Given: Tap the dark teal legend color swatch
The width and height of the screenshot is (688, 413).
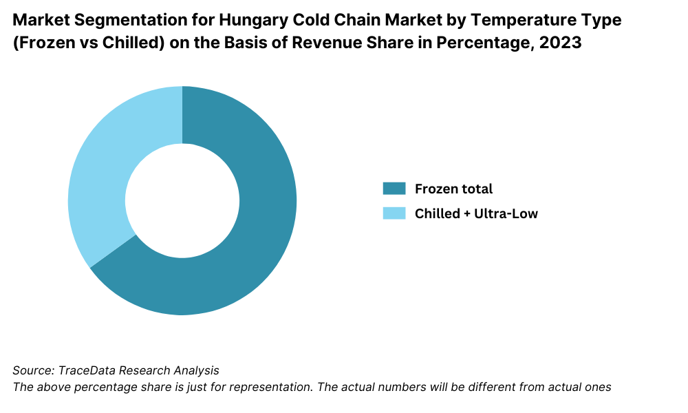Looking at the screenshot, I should coord(394,189).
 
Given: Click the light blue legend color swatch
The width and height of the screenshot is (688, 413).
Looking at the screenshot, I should coord(394,213).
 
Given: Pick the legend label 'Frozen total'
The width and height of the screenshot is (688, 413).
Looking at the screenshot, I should coord(453,189).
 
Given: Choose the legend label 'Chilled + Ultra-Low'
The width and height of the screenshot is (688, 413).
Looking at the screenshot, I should coord(476,213).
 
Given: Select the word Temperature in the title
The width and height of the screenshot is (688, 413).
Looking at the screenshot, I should coord(526,20).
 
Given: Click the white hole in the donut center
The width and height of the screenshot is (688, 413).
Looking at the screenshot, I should coord(182,201).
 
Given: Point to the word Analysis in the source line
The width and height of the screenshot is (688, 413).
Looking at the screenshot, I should coord(194,370).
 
